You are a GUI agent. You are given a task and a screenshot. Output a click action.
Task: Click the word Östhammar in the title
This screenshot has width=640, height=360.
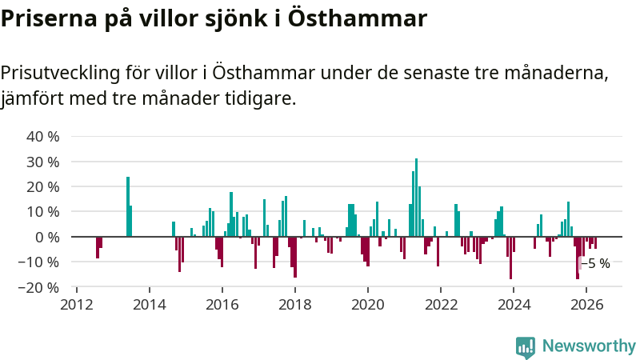pos(358,18)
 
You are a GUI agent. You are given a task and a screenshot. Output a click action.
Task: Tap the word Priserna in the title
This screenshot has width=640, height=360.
pos(49,18)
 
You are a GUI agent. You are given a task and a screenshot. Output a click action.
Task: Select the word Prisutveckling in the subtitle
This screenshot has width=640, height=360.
pos(61,73)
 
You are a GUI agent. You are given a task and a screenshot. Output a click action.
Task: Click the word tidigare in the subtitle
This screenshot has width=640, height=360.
pos(261,98)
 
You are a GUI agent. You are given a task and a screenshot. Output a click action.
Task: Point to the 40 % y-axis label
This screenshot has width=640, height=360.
pos(43,136)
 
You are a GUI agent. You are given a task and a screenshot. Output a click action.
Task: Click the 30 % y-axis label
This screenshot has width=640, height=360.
pos(43,162)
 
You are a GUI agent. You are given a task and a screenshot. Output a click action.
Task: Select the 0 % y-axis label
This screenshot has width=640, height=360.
pos(47,237)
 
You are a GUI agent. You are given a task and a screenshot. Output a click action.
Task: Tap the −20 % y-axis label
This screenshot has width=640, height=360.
pos(38,288)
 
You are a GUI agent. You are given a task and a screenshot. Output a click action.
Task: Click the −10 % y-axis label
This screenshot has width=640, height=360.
pos(38,262)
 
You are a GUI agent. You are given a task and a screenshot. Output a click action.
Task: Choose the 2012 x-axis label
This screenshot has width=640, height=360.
pos(77,305)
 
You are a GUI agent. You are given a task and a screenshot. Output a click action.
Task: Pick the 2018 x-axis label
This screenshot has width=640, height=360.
pos(295,305)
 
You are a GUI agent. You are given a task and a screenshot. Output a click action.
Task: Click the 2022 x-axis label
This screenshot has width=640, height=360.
pos(441,305)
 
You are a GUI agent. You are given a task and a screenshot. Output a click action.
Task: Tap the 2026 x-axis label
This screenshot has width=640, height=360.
pos(586,305)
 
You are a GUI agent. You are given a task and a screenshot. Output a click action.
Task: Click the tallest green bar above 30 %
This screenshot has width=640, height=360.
pos(416,198)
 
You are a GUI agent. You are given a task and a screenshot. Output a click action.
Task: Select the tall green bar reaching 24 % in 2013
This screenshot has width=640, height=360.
pos(128,206)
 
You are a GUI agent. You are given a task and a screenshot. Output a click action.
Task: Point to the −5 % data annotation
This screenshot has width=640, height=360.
pos(595,264)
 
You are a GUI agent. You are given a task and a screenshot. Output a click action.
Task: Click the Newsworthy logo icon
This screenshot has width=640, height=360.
pos(526,347)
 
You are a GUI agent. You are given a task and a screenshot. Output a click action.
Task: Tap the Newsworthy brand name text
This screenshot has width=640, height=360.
pos(589,346)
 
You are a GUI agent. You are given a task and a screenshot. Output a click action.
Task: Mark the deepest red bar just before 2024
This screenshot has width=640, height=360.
pos(510,258)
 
